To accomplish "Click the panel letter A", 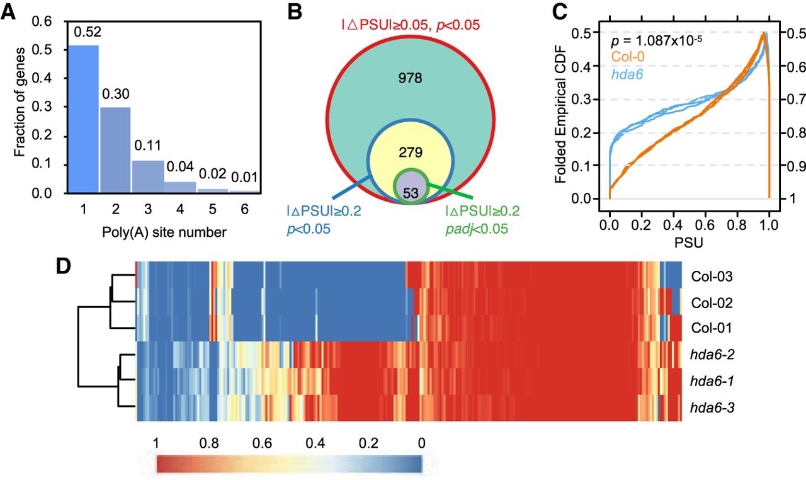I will click(11, 13).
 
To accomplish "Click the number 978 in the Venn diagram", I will click(409, 79).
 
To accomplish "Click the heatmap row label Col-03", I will click(711, 276).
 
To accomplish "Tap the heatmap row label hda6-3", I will click(710, 409).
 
